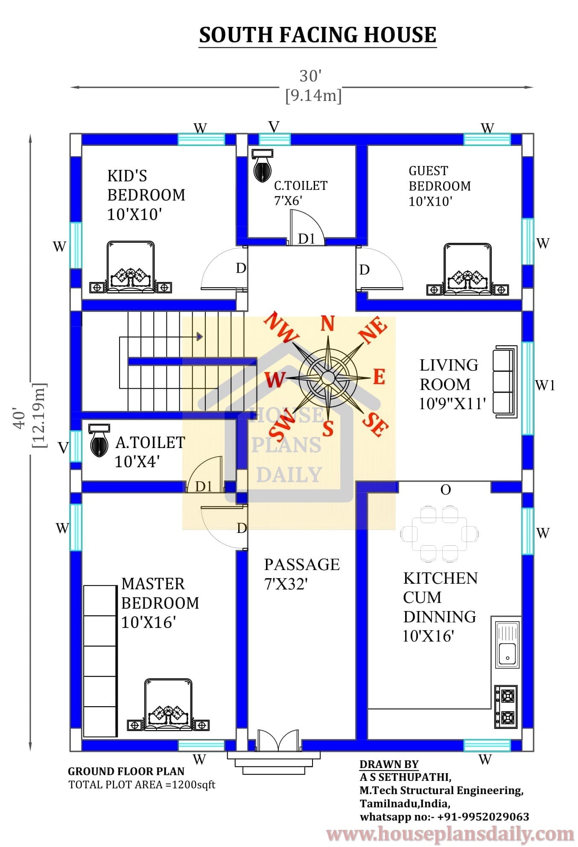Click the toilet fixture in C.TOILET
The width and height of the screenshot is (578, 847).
(x=262, y=166)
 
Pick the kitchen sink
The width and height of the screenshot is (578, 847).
(x=507, y=644)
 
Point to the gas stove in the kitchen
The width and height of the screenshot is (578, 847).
(x=506, y=707)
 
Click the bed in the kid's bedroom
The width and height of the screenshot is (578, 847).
(x=130, y=267)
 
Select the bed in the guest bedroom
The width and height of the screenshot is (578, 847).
(x=467, y=269)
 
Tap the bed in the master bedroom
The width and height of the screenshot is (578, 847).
(x=168, y=704)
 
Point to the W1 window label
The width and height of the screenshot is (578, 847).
(x=545, y=385)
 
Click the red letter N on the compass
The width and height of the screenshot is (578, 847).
(x=327, y=323)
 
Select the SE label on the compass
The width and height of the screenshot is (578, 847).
(x=376, y=425)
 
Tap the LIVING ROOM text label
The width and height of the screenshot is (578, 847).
(x=449, y=375)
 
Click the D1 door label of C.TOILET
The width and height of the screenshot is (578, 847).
(x=306, y=239)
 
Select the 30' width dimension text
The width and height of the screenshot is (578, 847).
(x=310, y=76)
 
